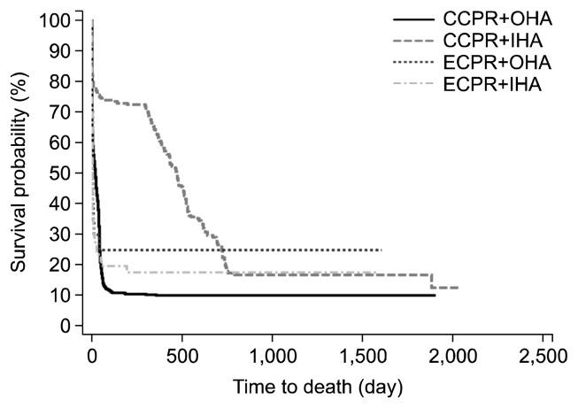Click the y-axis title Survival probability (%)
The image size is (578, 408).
pos(19,173)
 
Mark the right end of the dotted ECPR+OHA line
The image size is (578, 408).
pos(381,250)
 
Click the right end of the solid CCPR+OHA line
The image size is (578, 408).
pos(435,295)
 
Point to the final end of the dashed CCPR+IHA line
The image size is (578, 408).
pos(458,288)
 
